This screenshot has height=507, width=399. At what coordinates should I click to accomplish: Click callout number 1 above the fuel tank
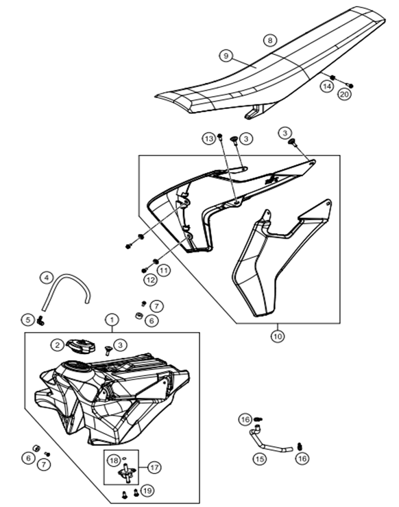coord(112,320)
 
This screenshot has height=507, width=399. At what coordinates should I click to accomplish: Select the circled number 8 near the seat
coord(270,40)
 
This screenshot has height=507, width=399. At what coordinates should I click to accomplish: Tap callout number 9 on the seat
coord(226,56)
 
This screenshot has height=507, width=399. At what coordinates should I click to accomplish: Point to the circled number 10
coord(278,336)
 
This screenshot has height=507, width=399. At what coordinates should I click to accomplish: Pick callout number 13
coord(209,139)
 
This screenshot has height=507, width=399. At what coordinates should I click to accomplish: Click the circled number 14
coord(327,86)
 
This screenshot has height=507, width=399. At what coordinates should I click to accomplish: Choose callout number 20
coord(344,94)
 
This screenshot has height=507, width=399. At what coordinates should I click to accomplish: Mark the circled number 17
coord(154,467)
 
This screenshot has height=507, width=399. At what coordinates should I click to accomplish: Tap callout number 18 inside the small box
coord(113,460)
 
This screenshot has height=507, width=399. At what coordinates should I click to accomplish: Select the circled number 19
coord(147,491)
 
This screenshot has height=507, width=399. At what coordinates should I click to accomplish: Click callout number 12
coord(150,280)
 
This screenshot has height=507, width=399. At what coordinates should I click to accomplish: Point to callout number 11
coord(163,270)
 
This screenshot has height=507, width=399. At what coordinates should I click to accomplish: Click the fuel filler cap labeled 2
coord(81,346)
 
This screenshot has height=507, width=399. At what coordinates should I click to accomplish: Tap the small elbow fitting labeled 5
coord(40,321)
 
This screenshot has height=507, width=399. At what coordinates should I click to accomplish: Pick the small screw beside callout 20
coord(350,85)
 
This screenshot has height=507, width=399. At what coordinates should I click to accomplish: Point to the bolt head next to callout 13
coord(220,136)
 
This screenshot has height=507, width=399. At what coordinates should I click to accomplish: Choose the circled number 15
coord(260,458)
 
